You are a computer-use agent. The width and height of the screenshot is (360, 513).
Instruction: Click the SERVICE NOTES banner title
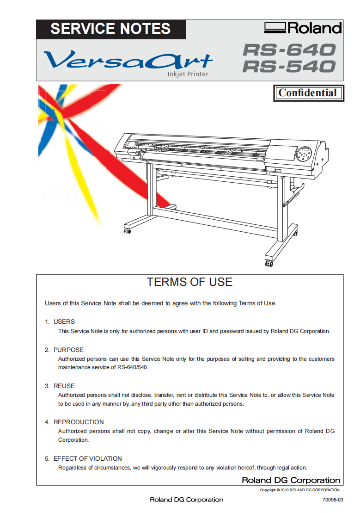pyautogui.click(x=110, y=29)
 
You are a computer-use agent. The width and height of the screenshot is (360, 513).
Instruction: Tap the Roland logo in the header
pyautogui.click(x=303, y=28)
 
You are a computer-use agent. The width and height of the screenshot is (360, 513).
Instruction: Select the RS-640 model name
pyautogui.click(x=289, y=50)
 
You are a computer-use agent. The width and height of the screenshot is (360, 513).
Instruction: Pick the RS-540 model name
pyautogui.click(x=289, y=66)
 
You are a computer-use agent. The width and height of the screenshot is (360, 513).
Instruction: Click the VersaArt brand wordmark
pyautogui.click(x=128, y=60)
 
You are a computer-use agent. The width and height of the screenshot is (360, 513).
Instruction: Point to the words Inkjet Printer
pyautogui.click(x=188, y=74)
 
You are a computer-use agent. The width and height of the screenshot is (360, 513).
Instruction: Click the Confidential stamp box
pyautogui.click(x=309, y=93)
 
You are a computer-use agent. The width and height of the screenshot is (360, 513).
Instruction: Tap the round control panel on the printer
pyautogui.click(x=304, y=154)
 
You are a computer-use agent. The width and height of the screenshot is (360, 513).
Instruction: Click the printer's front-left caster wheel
pyautogui.click(x=127, y=231)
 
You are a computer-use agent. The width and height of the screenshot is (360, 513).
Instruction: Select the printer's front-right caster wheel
pyautogui.click(x=269, y=263)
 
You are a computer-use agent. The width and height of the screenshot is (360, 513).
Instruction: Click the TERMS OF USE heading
pyautogui.click(x=189, y=282)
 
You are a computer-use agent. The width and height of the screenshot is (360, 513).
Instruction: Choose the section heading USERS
pyautogui.click(x=64, y=321)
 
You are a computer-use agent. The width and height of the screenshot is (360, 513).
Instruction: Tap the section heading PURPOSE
pyautogui.click(x=69, y=350)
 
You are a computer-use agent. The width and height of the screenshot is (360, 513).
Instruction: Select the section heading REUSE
pyautogui.click(x=64, y=386)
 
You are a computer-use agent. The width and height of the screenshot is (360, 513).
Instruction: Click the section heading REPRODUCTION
pyautogui.click(x=79, y=422)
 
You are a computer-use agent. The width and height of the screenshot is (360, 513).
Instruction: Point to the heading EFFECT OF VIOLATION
pyautogui.click(x=88, y=459)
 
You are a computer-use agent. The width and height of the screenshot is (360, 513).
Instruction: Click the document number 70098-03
pyautogui.click(x=333, y=500)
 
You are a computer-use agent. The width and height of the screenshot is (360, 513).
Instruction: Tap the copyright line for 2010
pyautogui.click(x=300, y=490)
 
